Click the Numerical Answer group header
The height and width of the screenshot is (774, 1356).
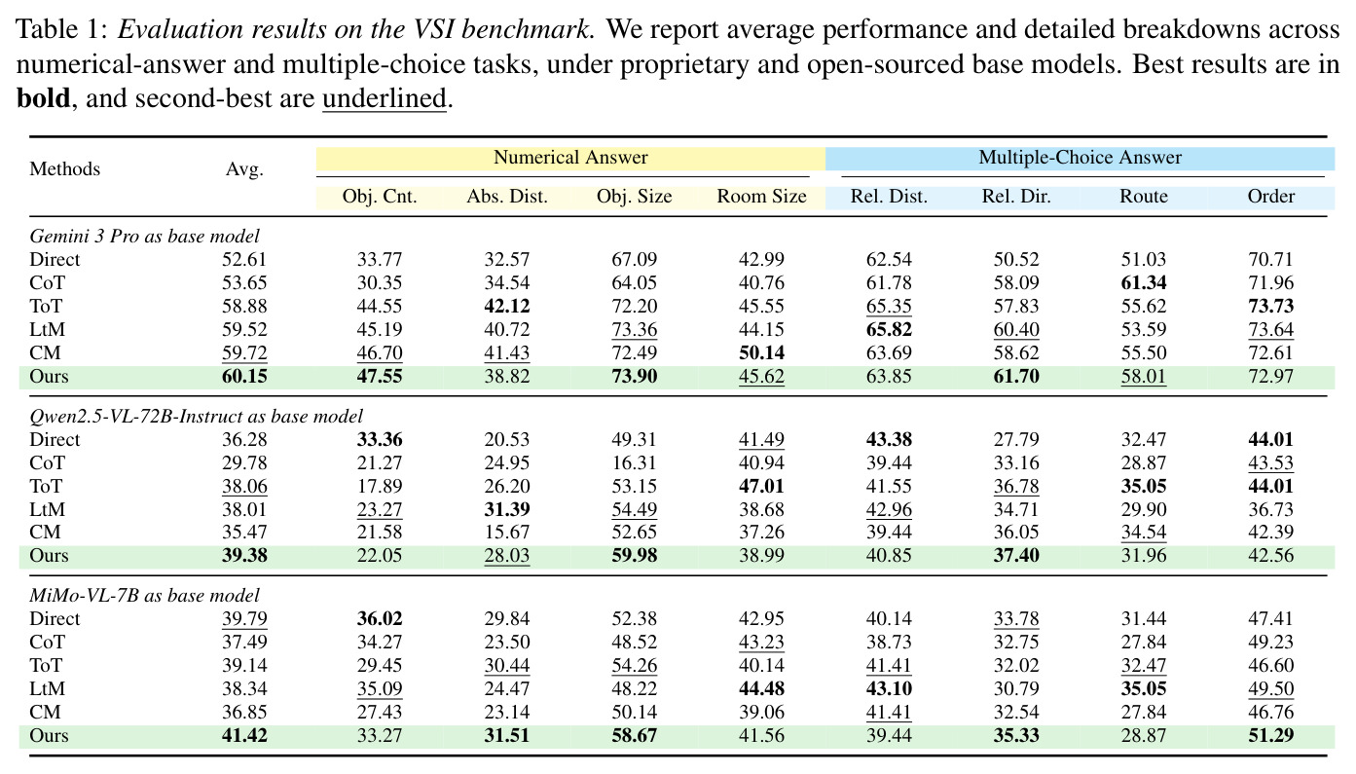click(x=570, y=158)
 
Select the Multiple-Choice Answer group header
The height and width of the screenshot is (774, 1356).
click(x=1080, y=158)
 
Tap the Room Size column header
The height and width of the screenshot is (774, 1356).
click(x=761, y=197)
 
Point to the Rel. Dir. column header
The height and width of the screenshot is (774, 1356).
click(x=1016, y=197)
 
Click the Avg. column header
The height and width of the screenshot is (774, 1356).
click(x=244, y=169)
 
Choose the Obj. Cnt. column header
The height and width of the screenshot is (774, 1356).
click(x=380, y=197)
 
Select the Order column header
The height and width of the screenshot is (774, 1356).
click(x=1270, y=197)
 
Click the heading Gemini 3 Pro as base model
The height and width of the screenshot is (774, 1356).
click(x=144, y=236)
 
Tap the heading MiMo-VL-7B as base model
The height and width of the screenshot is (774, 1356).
click(x=144, y=595)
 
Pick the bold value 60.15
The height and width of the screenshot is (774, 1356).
click(x=244, y=376)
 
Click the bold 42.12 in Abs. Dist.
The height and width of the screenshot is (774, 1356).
click(x=507, y=306)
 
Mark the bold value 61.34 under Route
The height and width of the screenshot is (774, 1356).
click(x=1144, y=283)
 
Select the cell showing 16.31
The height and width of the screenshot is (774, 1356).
click(x=634, y=462)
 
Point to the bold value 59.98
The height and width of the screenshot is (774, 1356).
click(x=634, y=555)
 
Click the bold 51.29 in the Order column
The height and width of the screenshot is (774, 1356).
click(x=1270, y=735)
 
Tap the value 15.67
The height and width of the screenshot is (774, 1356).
click(x=507, y=532)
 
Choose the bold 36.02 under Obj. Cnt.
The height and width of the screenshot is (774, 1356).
click(x=380, y=618)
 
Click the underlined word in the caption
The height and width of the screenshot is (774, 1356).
click(x=385, y=98)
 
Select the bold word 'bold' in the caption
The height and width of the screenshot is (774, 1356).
click(x=43, y=98)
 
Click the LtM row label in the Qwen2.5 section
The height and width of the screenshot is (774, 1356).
click(x=48, y=509)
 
